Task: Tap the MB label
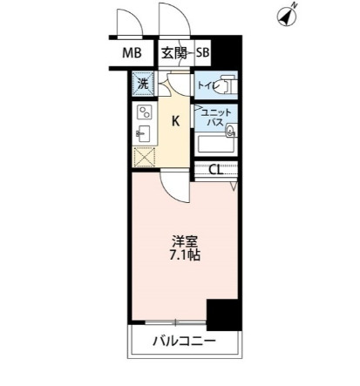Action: tap(132, 53)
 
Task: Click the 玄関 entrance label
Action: tap(174, 53)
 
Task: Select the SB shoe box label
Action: tap(202, 53)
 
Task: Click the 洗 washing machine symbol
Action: tap(142, 85)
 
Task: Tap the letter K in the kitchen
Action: tap(174, 121)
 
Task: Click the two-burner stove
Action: tap(143, 113)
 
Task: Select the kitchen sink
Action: tap(144, 134)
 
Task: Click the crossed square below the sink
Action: tap(143, 157)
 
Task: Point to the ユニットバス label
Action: tap(214, 118)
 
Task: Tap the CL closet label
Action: tap(215, 169)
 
